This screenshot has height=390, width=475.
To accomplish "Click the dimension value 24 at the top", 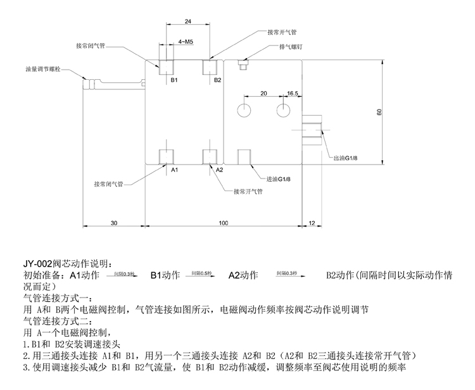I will click(187, 21).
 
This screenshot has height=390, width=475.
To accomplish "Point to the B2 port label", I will click(217, 80).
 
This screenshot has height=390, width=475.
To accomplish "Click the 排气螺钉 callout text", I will click(291, 47).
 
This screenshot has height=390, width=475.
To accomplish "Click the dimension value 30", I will click(114, 223).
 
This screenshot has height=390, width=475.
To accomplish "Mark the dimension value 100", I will click(224, 223).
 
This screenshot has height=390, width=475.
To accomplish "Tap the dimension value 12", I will click(312, 223).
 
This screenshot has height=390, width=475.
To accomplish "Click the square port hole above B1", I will click(168, 66).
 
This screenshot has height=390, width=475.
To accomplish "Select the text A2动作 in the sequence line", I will click(243, 275).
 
